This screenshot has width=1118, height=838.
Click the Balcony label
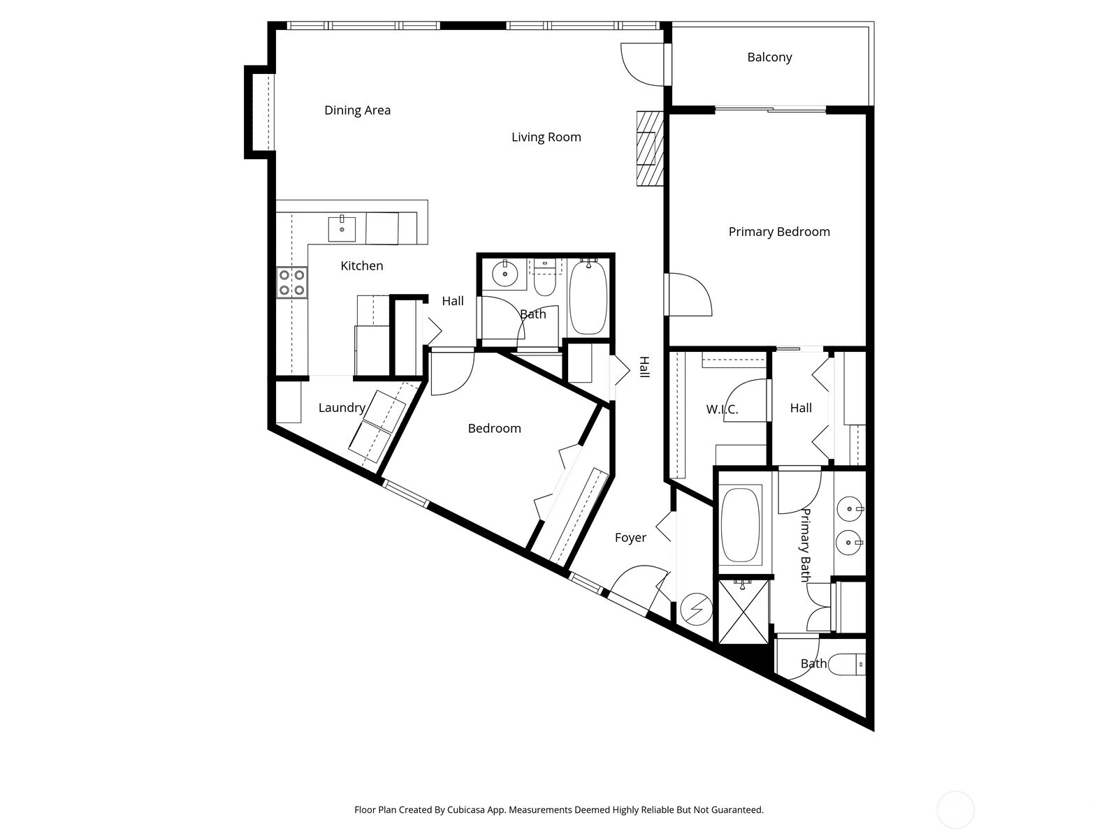point(769,57)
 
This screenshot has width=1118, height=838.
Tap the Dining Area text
point(357,110)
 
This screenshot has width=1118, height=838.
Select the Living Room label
point(546,137)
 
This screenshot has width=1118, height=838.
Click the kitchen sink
point(342,228)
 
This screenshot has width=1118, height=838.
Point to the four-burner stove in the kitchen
point(291,282)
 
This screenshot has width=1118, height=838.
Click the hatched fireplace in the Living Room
point(649,148)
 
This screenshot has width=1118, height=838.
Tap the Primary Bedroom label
point(779,232)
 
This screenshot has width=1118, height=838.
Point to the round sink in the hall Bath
point(504,274)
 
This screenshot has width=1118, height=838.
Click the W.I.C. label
point(722,409)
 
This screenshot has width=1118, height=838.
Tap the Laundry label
point(342,408)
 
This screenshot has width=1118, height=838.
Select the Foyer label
point(630,538)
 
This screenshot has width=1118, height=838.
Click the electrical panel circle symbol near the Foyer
point(696,609)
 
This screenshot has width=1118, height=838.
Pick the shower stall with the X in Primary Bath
point(743,610)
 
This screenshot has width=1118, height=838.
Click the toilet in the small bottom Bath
point(847,663)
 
